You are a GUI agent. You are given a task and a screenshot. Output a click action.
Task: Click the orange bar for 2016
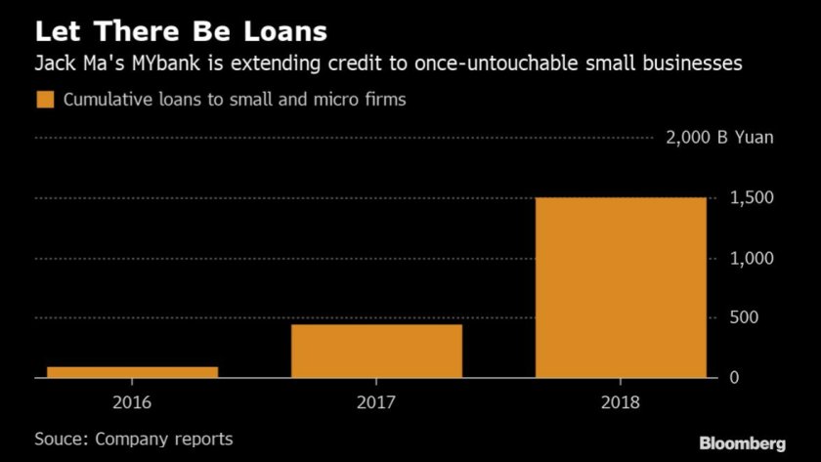[x=132, y=372]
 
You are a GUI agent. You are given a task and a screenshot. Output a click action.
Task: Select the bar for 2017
[x=376, y=351]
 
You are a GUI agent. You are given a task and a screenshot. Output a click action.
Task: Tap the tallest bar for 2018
[x=620, y=287]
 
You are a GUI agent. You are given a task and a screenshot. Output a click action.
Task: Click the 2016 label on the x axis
[x=132, y=400]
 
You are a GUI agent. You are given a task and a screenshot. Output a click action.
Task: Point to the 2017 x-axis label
[x=376, y=400]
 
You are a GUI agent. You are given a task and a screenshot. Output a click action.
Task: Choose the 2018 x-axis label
[x=620, y=400]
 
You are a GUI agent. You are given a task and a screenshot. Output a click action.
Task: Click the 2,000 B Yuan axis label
[x=719, y=138]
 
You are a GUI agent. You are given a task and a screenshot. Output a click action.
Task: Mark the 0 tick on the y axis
[x=736, y=377]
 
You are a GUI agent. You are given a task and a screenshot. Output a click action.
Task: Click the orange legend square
[x=44, y=100]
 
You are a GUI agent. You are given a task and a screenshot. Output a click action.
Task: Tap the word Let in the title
[x=55, y=31]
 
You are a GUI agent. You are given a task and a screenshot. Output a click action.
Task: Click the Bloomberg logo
[x=743, y=443]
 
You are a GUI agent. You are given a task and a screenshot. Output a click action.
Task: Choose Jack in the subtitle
[x=53, y=65]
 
